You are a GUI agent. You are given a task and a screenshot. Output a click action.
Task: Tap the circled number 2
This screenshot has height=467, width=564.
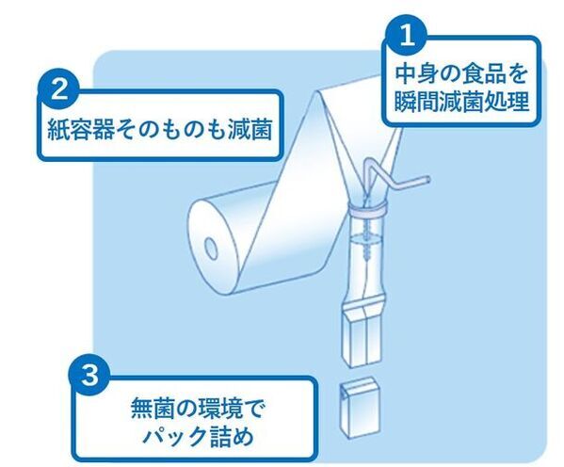pos(59,91)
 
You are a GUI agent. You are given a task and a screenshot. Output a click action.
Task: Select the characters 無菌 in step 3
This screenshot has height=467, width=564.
pos(153,411)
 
